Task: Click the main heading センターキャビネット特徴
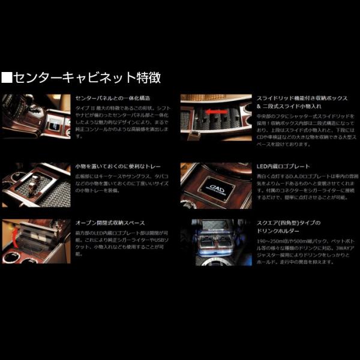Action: [x=87, y=78]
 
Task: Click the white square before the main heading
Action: [x=7, y=78]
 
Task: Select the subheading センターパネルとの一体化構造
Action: [x=113, y=98]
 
